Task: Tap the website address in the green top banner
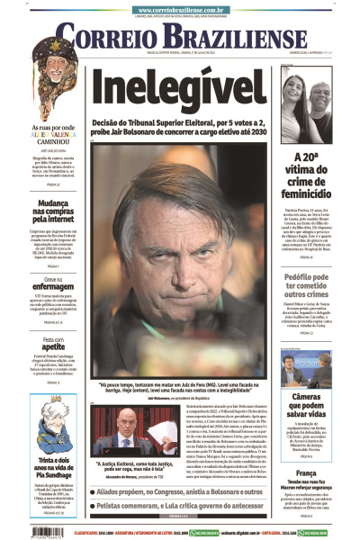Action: coord(180,8)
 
